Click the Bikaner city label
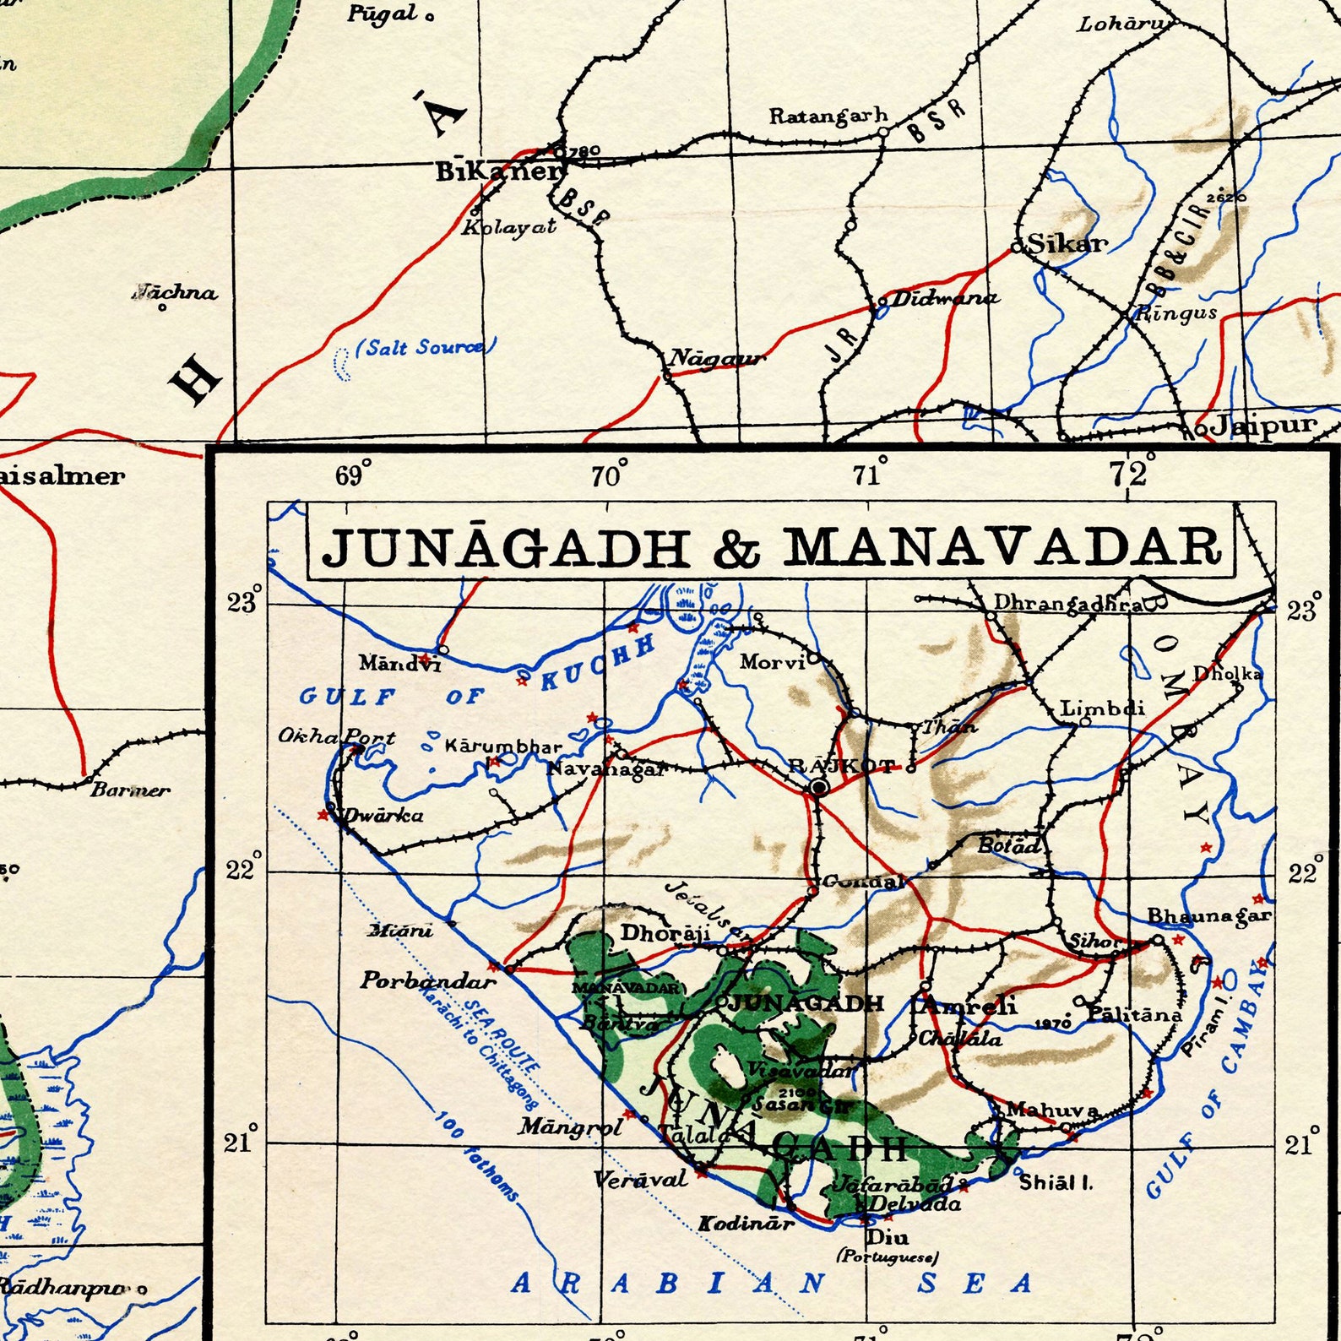pos(497,171)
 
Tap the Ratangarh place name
pos(828,116)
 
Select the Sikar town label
pos(1067,245)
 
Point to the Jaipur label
pos(1262,425)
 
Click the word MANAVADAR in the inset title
pos(1002,547)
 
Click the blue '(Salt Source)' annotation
pos(425,347)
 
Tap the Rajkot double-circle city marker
pos(818,788)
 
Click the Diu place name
pos(888,1237)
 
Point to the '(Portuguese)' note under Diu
pos(887,1257)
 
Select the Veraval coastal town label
pos(640,1179)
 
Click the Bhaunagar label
pos(1208,915)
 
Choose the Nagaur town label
pos(716,359)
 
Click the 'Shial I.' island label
pos(1056,1182)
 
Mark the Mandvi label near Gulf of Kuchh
pos(399,663)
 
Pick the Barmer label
pos(131,790)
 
